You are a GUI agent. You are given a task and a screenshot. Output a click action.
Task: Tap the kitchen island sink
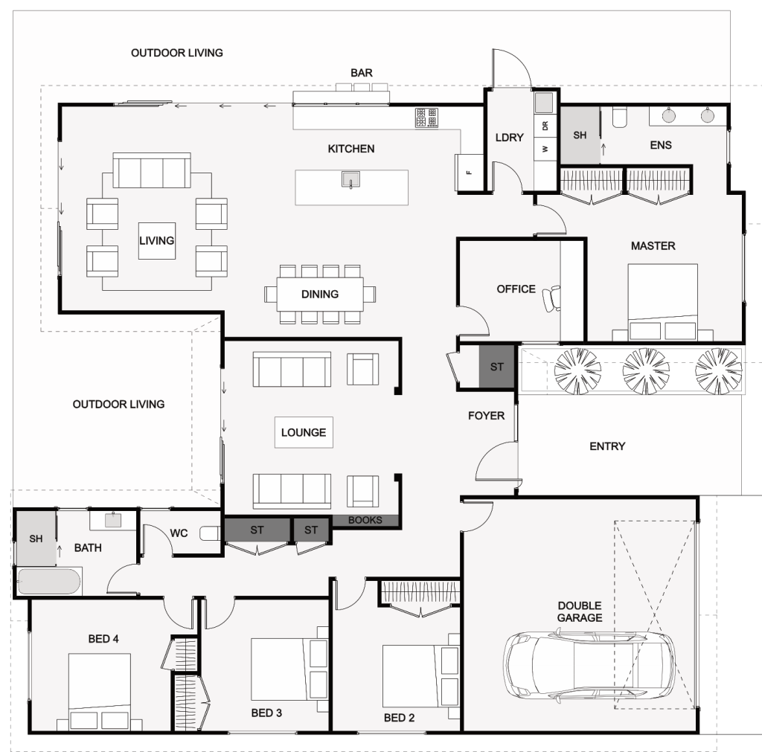350,179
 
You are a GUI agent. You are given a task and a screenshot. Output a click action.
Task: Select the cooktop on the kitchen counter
426,118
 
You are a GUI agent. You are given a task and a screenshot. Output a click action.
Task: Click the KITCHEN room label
351,149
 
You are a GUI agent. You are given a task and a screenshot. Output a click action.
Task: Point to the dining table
320,293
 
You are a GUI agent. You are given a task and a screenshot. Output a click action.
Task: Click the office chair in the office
551,298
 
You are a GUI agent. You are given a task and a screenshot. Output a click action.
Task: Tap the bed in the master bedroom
662,302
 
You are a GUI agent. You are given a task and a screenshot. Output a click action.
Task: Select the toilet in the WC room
211,533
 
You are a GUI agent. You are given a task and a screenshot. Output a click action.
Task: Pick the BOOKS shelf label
365,520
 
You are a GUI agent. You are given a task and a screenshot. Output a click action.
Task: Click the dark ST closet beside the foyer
496,366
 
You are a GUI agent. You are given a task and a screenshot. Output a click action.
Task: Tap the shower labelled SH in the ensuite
580,135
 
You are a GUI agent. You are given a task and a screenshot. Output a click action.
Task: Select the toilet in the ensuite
620,117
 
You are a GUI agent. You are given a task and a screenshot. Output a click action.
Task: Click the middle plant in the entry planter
645,371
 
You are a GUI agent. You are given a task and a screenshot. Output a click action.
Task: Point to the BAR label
362,73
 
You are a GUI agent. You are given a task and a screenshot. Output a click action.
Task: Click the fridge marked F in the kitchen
469,172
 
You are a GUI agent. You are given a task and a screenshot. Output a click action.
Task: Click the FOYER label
486,416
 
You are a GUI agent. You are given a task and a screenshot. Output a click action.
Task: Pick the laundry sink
544,103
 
